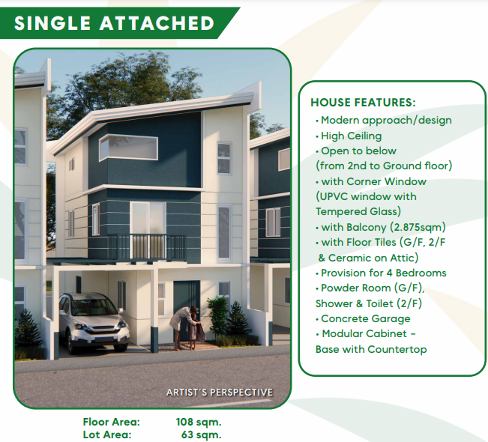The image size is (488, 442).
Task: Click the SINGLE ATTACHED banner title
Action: [x=114, y=23]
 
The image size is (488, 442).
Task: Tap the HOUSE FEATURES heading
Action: [x=363, y=103]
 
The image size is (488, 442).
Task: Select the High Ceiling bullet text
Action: [x=351, y=136]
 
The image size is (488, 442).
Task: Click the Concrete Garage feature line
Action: [x=365, y=319]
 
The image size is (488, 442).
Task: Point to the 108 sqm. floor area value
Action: [x=199, y=422]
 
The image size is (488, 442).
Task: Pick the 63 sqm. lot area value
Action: [x=201, y=435]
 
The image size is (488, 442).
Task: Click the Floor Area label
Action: [x=112, y=422]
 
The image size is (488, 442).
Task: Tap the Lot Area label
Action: [x=107, y=435]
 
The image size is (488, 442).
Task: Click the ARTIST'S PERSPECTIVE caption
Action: [x=220, y=393]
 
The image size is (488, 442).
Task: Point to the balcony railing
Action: [x=147, y=246]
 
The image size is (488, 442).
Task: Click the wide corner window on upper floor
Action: [x=128, y=148]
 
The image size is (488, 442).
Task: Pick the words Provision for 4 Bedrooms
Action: [x=384, y=273]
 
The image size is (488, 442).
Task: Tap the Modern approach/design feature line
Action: [x=386, y=121]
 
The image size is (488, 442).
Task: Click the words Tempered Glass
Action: [x=358, y=212]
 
